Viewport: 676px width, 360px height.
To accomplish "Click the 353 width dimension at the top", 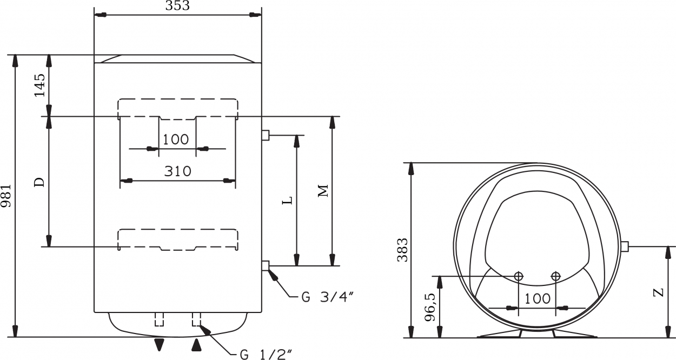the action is coord(177,5).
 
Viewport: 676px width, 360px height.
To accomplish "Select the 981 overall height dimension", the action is coord(6,196).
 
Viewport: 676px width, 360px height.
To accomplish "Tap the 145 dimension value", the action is coord(40,85).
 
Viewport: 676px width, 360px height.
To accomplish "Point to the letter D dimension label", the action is coord(39,182).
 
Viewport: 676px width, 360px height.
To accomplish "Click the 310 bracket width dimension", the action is coord(177,171).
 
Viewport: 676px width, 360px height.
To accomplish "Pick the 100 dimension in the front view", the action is coord(176,139).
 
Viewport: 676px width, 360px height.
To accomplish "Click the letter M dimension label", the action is coord(323,191).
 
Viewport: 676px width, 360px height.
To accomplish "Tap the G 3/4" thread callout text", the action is coord(328,297).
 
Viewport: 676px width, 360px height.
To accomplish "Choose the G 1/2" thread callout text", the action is coord(266,354).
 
